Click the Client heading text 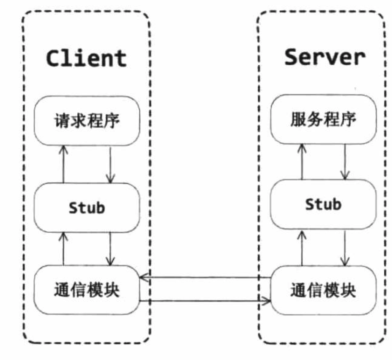(86, 58)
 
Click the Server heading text (324, 57)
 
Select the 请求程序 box (87, 121)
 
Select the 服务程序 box (323, 119)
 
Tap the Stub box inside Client (87, 208)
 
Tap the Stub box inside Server (323, 204)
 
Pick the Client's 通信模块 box (87, 290)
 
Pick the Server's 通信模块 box (323, 290)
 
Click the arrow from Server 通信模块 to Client (205, 278)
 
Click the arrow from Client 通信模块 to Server (205, 301)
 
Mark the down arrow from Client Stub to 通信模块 (110, 249)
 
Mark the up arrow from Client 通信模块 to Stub (63, 249)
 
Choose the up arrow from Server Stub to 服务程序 (302, 162)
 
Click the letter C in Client (54, 58)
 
